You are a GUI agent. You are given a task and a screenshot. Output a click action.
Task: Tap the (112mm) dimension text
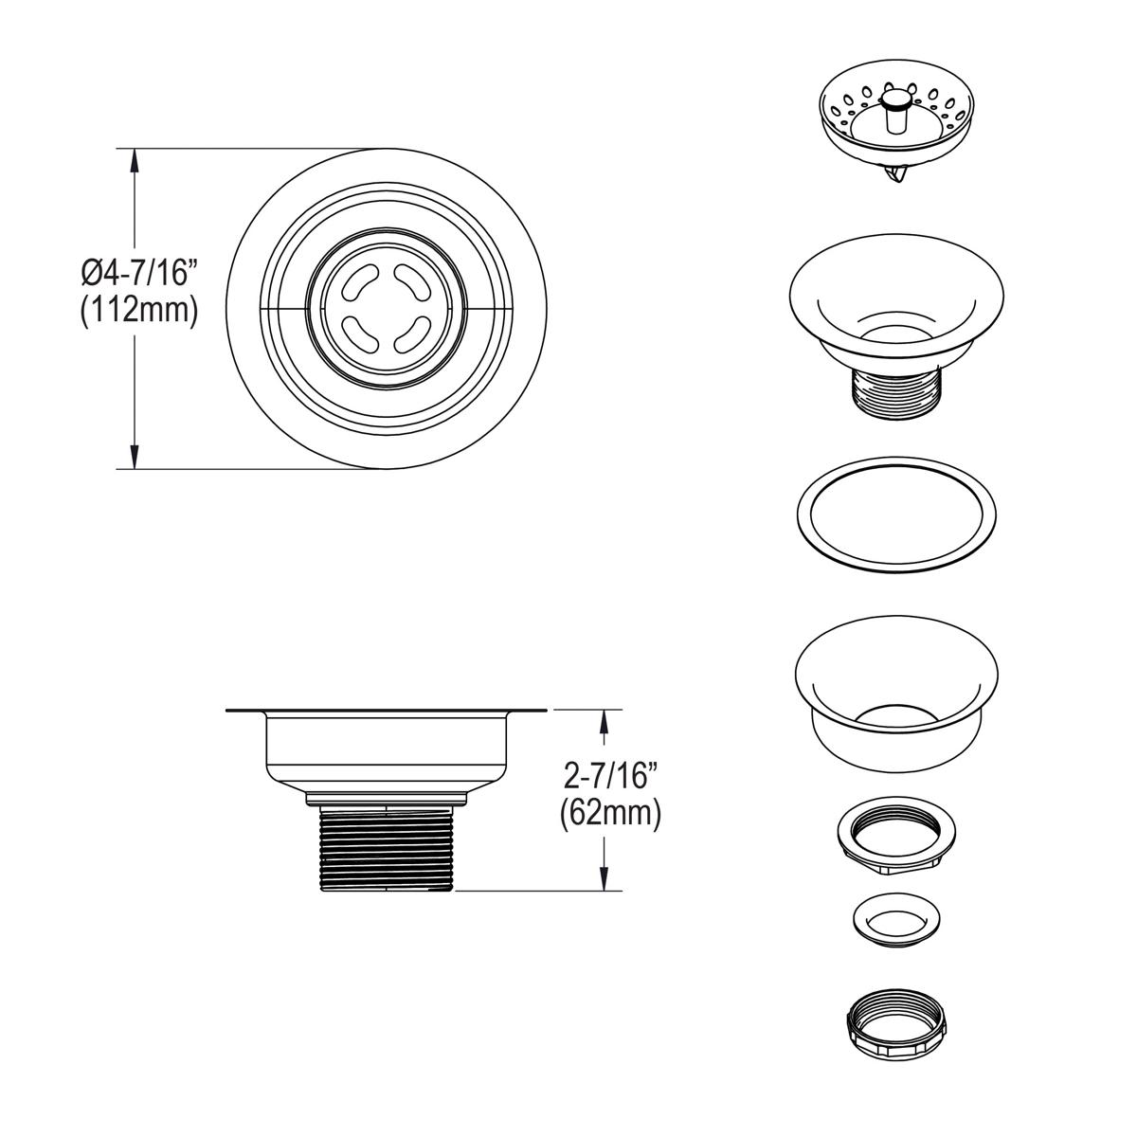click(x=138, y=311)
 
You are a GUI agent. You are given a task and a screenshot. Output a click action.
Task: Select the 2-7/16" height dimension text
click(x=609, y=777)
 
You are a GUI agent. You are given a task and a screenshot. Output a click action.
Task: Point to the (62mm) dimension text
click(x=609, y=813)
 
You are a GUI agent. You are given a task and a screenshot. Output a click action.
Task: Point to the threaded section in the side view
click(x=387, y=846)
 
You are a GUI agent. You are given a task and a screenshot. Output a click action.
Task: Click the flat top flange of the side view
click(x=387, y=710)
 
